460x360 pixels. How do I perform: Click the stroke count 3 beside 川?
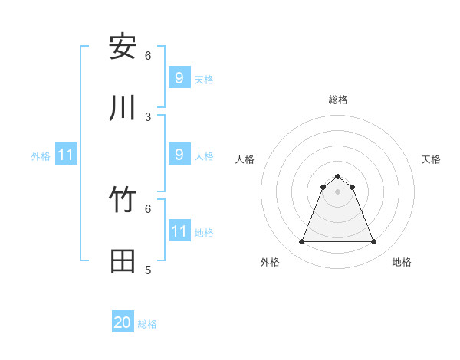click(148, 117)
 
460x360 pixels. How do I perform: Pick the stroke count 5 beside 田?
click(148, 270)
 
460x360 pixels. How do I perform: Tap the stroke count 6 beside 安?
click(148, 56)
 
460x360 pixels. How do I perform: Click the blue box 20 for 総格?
click(123, 323)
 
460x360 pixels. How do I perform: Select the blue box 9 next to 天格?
click(179, 77)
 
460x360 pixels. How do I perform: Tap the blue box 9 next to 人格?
click(179, 155)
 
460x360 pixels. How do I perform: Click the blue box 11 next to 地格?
click(179, 231)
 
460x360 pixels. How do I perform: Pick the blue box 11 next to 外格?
click(65, 155)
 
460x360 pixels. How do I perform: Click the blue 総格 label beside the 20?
click(147, 324)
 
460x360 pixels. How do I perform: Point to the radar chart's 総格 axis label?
click(338, 100)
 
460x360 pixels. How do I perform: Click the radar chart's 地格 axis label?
click(402, 263)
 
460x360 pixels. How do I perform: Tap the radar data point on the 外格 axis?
click(301, 242)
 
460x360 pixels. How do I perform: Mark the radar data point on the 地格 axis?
click(374, 242)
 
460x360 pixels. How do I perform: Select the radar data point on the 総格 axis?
click(338, 176)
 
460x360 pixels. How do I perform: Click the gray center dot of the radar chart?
click(338, 191)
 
